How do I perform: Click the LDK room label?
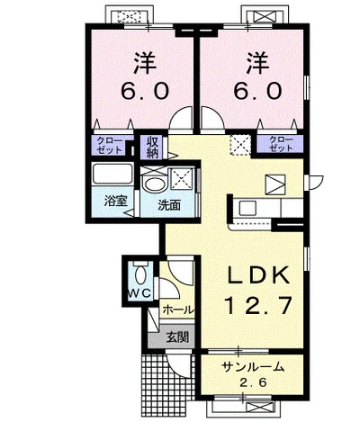(x=258, y=275)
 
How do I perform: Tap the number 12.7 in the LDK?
(x=258, y=305)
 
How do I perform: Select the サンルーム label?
(x=253, y=367)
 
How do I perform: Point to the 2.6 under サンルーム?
(x=253, y=382)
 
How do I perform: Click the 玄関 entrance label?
(x=177, y=337)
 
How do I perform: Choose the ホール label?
(x=178, y=310)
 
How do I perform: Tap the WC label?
(x=139, y=293)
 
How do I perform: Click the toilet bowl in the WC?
(x=140, y=274)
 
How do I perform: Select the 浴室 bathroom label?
(x=116, y=201)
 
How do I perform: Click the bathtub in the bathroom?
(x=112, y=174)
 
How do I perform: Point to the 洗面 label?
(x=169, y=205)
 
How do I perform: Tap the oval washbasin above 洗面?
(x=155, y=184)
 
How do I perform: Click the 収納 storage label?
(x=153, y=147)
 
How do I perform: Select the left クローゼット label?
(x=110, y=146)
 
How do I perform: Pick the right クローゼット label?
(x=281, y=144)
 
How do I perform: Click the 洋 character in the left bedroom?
(x=145, y=63)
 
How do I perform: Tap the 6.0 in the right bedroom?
(x=257, y=91)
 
